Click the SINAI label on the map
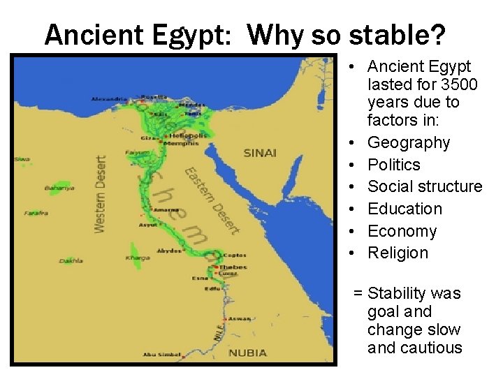(260, 153)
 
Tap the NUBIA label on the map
(247, 353)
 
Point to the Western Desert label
(101, 194)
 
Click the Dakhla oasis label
(71, 260)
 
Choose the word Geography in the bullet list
(409, 142)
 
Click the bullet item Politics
(394, 165)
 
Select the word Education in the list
(404, 209)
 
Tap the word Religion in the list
(398, 253)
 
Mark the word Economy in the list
(402, 231)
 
